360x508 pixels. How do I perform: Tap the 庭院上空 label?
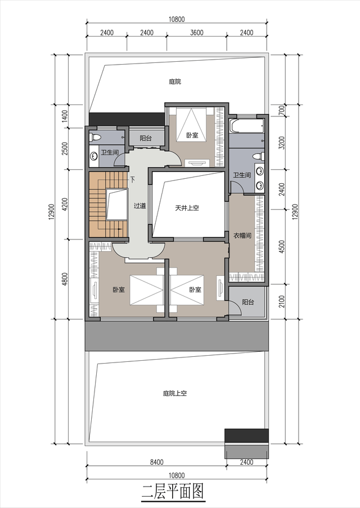pos(174,393)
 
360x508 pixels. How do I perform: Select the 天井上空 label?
pos(187,208)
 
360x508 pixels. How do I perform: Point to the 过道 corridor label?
pos(139,206)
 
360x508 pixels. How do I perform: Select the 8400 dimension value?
pos(156,462)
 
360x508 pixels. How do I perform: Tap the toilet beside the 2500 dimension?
pos(95,137)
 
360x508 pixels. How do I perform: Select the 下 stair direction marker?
pos(132,180)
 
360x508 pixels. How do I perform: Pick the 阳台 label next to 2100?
pos(247,302)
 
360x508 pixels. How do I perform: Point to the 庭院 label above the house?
pos(175,81)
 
